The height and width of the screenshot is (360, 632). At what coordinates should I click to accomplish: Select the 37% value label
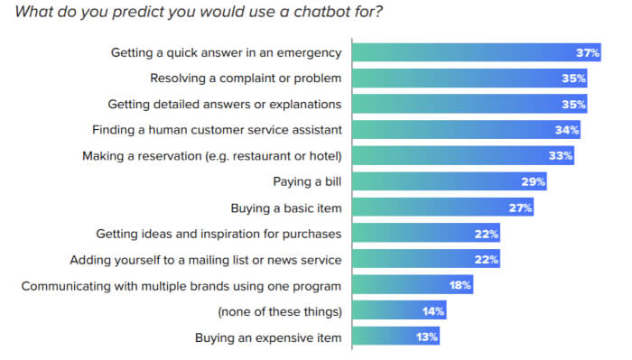[x=588, y=51]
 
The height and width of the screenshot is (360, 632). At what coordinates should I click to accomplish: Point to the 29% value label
[x=533, y=181]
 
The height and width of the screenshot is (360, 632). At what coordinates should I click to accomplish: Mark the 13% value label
[x=427, y=337]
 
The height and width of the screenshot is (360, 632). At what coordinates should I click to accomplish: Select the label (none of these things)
[x=280, y=311]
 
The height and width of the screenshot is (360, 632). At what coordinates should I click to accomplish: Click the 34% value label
[x=568, y=130]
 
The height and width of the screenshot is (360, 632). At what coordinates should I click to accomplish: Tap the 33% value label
[x=561, y=155]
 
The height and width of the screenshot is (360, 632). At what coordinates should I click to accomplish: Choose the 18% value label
[x=460, y=285]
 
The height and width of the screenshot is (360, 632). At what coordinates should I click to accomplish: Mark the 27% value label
[x=520, y=208]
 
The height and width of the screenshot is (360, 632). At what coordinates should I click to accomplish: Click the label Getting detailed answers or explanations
[x=224, y=104]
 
